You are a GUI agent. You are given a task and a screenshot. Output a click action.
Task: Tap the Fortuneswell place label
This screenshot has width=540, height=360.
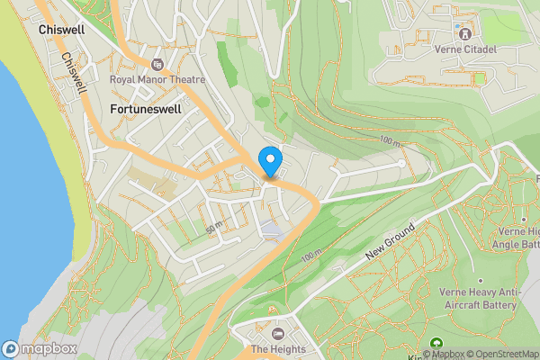click(x=145, y=109)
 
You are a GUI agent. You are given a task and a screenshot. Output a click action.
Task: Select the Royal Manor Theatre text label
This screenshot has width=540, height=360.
click(x=157, y=79)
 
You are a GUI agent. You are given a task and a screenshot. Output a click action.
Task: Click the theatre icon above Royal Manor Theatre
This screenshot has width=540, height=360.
click(x=158, y=64)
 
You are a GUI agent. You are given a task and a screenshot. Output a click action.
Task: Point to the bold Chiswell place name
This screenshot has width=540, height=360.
click(x=63, y=30)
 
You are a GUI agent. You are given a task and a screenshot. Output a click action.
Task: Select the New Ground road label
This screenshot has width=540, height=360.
click(x=390, y=244)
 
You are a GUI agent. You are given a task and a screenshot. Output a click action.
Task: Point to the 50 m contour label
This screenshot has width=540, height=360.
click(x=213, y=226)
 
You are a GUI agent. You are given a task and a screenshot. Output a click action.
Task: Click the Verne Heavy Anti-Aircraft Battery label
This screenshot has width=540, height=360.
click(x=480, y=298)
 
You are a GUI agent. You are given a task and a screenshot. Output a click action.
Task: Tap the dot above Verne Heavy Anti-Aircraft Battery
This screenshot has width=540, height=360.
click(x=480, y=280)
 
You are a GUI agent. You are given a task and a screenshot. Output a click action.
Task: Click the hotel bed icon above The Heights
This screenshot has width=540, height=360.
click(x=266, y=334)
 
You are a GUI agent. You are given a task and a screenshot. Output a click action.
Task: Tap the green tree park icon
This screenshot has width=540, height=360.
click(x=437, y=343)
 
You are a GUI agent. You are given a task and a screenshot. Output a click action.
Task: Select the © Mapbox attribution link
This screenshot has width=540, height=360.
click(x=441, y=354)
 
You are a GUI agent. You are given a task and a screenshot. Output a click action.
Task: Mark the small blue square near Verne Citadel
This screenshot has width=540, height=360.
click(x=456, y=26)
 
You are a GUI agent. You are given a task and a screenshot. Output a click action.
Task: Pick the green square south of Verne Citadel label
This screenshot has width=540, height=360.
click(x=479, y=78)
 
